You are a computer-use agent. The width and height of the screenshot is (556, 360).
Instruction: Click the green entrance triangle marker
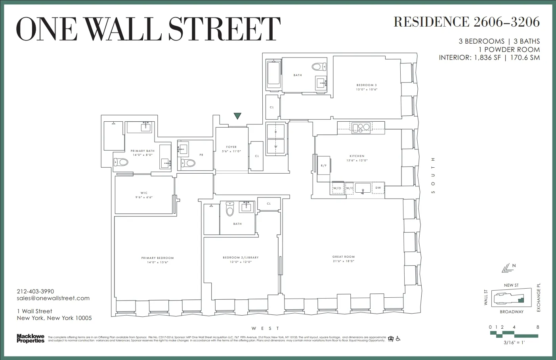237,116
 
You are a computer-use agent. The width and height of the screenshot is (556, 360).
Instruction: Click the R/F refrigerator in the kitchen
323,165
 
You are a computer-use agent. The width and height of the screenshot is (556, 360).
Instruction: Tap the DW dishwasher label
378,188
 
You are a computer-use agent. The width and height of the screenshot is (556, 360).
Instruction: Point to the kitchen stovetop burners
361,127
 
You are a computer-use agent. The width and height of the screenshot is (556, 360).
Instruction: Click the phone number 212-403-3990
35,291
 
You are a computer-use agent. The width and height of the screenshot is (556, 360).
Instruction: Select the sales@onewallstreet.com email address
53,298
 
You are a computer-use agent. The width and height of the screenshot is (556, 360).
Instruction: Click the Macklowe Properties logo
30,339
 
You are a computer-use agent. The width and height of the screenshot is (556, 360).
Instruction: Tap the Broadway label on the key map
512,312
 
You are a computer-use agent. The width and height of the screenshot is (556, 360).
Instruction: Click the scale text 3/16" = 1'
514,343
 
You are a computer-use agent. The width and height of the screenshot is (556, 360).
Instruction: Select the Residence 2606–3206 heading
466,22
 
